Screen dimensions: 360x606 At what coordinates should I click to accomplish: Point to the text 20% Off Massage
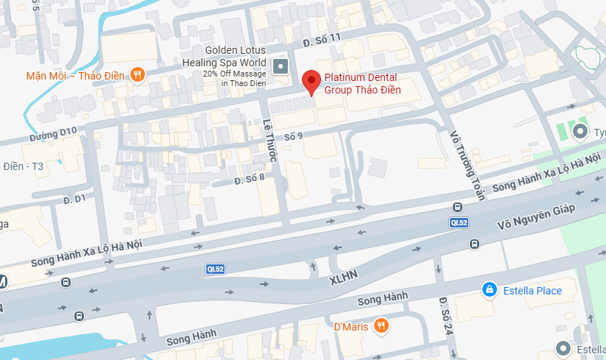click(x=235, y=74)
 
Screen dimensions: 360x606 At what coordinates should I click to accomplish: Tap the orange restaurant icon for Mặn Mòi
click(x=137, y=74)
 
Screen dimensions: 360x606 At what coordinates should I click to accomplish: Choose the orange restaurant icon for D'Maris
click(x=380, y=325)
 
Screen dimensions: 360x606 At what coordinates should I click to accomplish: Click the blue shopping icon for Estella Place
click(x=487, y=291)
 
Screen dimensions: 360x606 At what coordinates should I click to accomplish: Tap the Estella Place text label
click(x=532, y=291)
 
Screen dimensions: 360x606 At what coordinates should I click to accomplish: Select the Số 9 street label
click(x=293, y=135)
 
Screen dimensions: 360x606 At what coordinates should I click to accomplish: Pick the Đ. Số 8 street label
click(x=249, y=179)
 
